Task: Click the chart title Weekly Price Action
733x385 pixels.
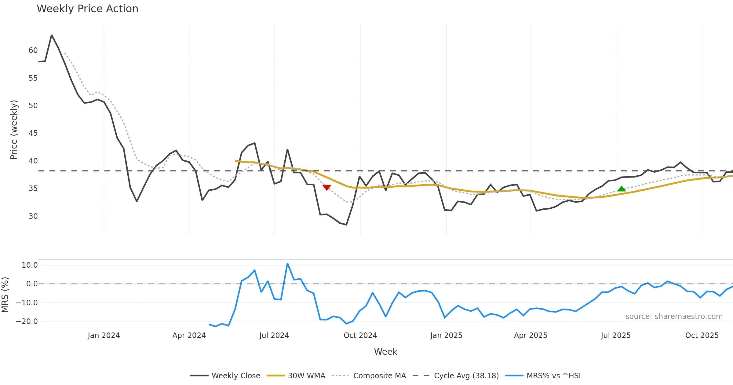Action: [x=87, y=9]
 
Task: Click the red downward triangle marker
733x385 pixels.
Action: [x=326, y=187]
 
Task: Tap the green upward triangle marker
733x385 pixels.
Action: [x=622, y=189]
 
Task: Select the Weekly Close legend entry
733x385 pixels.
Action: [x=225, y=376]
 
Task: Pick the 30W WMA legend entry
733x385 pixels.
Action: [x=296, y=376]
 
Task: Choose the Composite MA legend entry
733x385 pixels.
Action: [x=369, y=376]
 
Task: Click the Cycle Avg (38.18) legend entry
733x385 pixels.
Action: [x=456, y=376]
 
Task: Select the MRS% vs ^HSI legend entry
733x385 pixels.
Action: [x=543, y=376]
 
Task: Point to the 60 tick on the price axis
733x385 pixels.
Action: [x=33, y=50]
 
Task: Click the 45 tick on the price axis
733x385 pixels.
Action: [x=33, y=133]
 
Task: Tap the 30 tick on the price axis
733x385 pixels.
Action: [x=33, y=216]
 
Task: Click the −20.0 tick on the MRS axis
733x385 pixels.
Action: [x=27, y=321]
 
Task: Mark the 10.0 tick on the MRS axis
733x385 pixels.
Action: [x=30, y=265]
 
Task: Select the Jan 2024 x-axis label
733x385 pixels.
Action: [x=104, y=335]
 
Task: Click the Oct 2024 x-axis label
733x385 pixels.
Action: [x=360, y=335]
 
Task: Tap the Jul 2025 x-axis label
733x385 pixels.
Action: [x=616, y=335]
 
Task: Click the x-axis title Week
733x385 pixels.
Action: [x=385, y=352]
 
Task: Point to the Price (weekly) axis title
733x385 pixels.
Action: [x=14, y=130]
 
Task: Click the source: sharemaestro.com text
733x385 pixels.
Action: [x=674, y=317]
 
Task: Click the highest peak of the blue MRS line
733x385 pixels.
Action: [x=287, y=263]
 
